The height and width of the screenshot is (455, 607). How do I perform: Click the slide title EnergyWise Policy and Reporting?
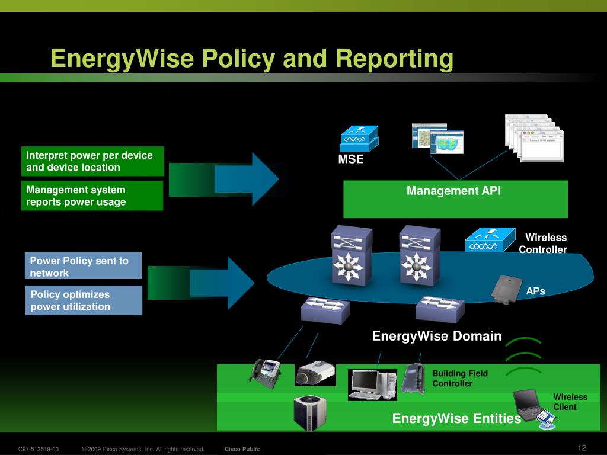[252, 59]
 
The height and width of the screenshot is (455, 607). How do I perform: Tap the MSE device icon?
[359, 139]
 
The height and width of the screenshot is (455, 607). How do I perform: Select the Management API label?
[453, 191]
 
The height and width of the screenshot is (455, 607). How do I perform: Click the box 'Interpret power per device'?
[92, 161]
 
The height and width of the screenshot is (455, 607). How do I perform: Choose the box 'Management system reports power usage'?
[92, 196]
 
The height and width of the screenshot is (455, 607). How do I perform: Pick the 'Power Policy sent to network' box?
[84, 267]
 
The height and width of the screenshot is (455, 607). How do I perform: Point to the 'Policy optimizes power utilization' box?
[84, 300]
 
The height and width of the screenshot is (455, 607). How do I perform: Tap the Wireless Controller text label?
[543, 243]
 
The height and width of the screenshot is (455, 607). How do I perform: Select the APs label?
[535, 291]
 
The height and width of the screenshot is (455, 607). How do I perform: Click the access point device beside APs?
[503, 290]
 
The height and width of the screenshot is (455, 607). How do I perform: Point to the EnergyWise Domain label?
[437, 337]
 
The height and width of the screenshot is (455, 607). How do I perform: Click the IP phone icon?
[265, 373]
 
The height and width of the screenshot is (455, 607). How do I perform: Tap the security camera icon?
[315, 373]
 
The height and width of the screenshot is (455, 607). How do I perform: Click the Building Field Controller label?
[459, 379]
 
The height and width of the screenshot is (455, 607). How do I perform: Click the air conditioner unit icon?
[310, 413]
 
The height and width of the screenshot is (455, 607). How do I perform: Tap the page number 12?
[582, 447]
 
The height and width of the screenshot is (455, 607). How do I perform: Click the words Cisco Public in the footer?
[242, 449]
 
